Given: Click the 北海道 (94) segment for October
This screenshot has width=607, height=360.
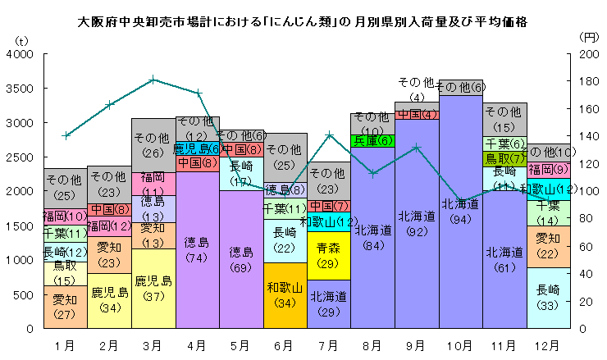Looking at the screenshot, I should [x=460, y=212].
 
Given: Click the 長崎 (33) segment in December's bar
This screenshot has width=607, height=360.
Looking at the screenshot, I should [x=548, y=298].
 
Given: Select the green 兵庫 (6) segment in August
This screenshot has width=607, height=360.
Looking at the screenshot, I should [x=373, y=140].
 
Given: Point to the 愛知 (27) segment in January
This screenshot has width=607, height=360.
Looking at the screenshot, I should [x=66, y=308].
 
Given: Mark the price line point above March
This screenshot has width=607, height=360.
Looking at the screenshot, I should [x=153, y=80].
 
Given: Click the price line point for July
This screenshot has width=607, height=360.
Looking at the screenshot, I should [x=329, y=134].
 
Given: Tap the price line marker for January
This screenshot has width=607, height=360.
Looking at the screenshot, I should [x=66, y=135].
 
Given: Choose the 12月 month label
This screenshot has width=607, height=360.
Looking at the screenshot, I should [x=548, y=344].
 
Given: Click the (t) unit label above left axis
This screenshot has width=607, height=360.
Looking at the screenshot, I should [x=22, y=39].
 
